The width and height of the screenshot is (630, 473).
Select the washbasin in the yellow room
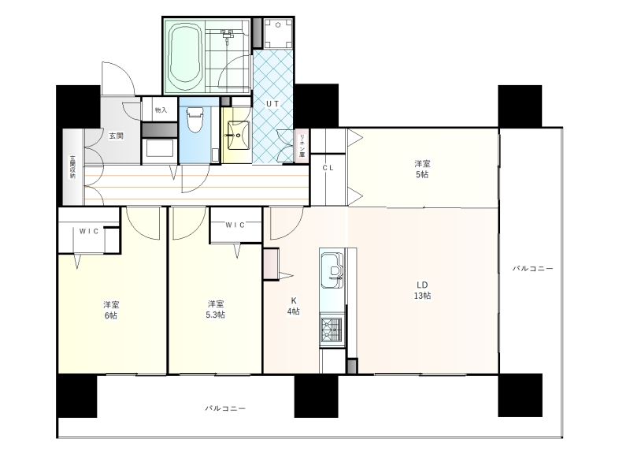point(239,135)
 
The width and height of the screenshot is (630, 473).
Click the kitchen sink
point(332,270)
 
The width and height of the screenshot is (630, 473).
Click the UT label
point(272,104)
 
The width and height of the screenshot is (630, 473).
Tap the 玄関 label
point(116,136)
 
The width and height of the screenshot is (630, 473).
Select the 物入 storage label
point(161,110)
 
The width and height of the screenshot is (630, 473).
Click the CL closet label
point(328,168)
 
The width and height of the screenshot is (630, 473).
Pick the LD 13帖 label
point(422,290)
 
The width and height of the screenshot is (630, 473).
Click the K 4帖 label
point(293,306)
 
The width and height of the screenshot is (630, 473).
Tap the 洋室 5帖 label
point(422,169)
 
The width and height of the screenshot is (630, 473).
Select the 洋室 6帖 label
point(111,310)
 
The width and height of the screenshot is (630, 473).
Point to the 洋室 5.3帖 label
point(216,309)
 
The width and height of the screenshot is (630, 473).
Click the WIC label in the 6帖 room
point(89,231)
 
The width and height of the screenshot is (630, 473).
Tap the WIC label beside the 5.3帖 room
point(235,225)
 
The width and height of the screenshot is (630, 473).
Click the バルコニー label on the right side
point(533,268)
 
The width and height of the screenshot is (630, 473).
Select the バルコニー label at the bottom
point(225,408)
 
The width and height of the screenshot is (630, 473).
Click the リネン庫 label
point(302,145)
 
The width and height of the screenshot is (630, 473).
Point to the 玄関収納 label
point(72,167)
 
